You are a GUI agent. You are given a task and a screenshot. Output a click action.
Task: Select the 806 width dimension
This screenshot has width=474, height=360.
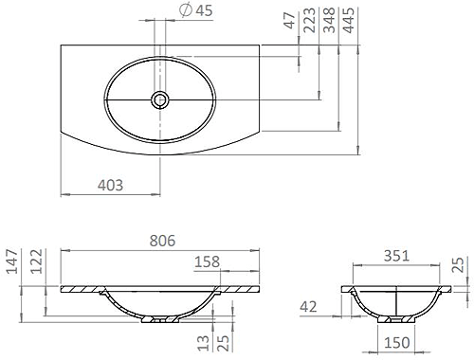162,242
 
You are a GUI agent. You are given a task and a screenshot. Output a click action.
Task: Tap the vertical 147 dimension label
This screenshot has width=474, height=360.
11,261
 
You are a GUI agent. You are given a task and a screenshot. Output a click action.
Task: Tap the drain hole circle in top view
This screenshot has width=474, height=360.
160,98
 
